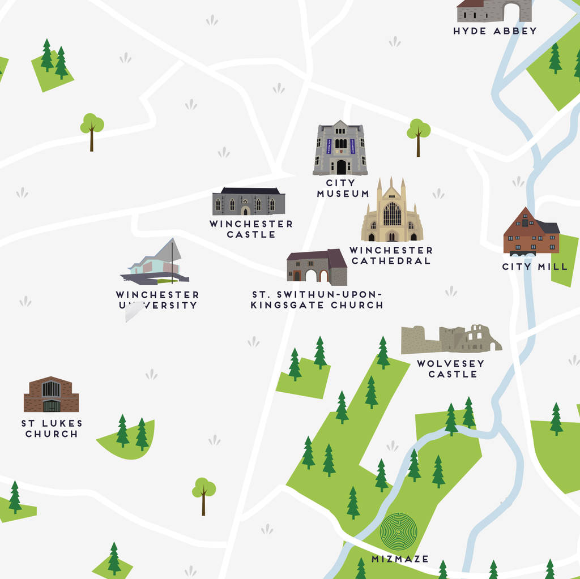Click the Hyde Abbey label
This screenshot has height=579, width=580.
[494, 31]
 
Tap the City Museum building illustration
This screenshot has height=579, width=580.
[340, 148]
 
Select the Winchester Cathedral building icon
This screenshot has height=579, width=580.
[392, 212]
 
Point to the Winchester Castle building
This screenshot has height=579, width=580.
[249, 201]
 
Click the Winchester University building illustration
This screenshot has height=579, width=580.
[155, 264]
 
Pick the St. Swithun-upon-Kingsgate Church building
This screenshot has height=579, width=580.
[317, 268]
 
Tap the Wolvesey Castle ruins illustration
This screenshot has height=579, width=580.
[451, 340]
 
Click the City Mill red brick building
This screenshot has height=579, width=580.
[531, 233]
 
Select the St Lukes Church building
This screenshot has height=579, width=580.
[51, 394]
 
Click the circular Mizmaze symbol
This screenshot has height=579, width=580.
[398, 530]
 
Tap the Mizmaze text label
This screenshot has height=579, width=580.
[400, 559]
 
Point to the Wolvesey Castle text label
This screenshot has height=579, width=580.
[451, 368]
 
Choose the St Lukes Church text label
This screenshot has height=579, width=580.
[52, 428]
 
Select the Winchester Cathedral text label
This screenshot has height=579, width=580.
[391, 255]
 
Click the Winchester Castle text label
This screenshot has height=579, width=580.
[251, 229]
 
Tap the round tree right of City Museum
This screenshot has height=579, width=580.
[419, 134]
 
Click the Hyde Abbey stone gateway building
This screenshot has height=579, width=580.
[494, 10]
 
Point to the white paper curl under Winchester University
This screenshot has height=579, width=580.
[134, 311]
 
